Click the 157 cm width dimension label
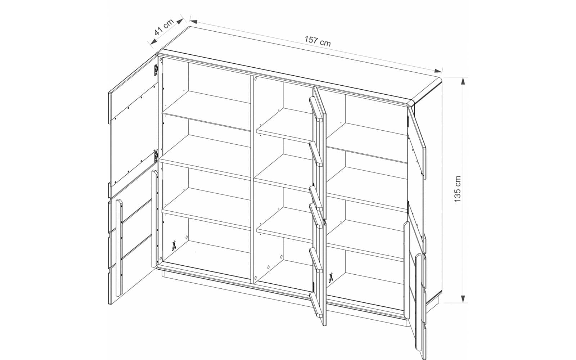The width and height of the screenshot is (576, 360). (318, 41)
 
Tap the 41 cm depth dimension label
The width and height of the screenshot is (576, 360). (164, 27)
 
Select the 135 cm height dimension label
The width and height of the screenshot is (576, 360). (458, 189)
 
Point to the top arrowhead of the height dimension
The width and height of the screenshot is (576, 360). (463, 81)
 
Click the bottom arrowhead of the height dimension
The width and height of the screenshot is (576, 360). (463, 298)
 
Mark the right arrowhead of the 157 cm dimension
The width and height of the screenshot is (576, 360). (438, 71)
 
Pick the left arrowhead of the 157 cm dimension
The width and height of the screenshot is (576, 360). (194, 21)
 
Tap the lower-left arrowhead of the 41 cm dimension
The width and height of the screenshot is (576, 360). (153, 42)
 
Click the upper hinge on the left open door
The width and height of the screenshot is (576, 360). (156, 70)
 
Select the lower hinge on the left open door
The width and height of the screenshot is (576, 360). (156, 156)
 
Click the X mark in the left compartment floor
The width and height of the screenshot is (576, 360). (174, 245)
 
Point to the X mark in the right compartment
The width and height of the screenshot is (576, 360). (332, 278)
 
